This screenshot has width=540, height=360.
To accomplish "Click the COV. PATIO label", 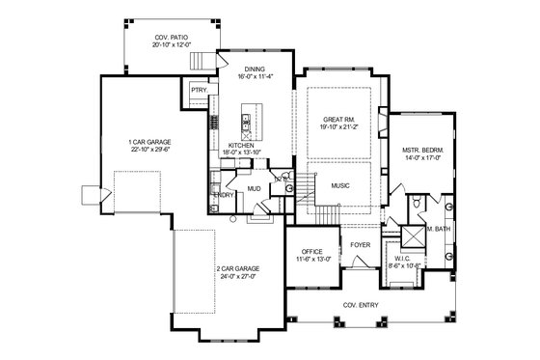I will pyautogui.click(x=172, y=39).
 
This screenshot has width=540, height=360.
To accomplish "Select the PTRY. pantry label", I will pyautogui.click(x=200, y=90).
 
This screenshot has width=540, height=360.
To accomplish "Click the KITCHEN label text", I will pyautogui.click(x=240, y=145).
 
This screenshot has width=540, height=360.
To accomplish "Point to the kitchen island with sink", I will pyautogui.click(x=246, y=124).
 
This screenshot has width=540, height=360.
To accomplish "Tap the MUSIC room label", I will pyautogui.click(x=339, y=185).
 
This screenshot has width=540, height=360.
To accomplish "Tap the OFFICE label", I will pyautogui.click(x=311, y=253).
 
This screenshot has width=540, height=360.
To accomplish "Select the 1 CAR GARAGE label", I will pyautogui.click(x=148, y=144).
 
